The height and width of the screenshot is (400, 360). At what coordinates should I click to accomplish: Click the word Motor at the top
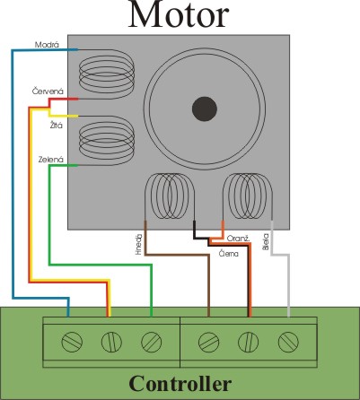pos(179,15)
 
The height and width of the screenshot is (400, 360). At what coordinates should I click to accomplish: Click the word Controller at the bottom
pos(180,383)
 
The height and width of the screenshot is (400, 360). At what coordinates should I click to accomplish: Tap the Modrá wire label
pos(47,45)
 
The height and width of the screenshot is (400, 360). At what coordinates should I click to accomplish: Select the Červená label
pos(48,91)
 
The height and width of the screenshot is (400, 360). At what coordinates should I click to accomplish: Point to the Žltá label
pos(57,126)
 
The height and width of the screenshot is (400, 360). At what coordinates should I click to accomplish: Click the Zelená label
pos(51,160)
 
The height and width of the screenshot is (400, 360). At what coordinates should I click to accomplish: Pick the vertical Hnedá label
pos(138,245)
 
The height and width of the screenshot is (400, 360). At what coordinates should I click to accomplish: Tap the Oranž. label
pos(238,239)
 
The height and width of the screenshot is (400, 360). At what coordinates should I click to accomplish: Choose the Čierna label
pos(229,254)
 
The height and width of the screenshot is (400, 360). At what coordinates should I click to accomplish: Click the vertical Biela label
pos(266,241)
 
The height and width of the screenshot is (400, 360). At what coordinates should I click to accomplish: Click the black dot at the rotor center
pos(205,109)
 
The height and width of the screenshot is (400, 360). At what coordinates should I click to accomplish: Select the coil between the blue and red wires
pos(107,74)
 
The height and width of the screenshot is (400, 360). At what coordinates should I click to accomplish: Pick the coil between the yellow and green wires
pos(107,141)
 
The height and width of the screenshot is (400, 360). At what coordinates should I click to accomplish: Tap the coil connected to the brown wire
pos(170,196)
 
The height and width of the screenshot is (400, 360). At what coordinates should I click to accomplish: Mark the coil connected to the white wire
pos(248,196)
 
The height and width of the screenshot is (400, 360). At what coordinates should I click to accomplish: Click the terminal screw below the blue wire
pos(72,342)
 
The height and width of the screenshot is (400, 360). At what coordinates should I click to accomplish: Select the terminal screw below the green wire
pos(151,342)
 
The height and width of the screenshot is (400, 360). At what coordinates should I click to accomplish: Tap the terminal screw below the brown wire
pos(208,342)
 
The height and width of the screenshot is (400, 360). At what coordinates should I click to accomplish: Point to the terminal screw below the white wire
pos(288,342)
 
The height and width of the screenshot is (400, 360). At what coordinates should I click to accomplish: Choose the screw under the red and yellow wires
pos(111,342)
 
